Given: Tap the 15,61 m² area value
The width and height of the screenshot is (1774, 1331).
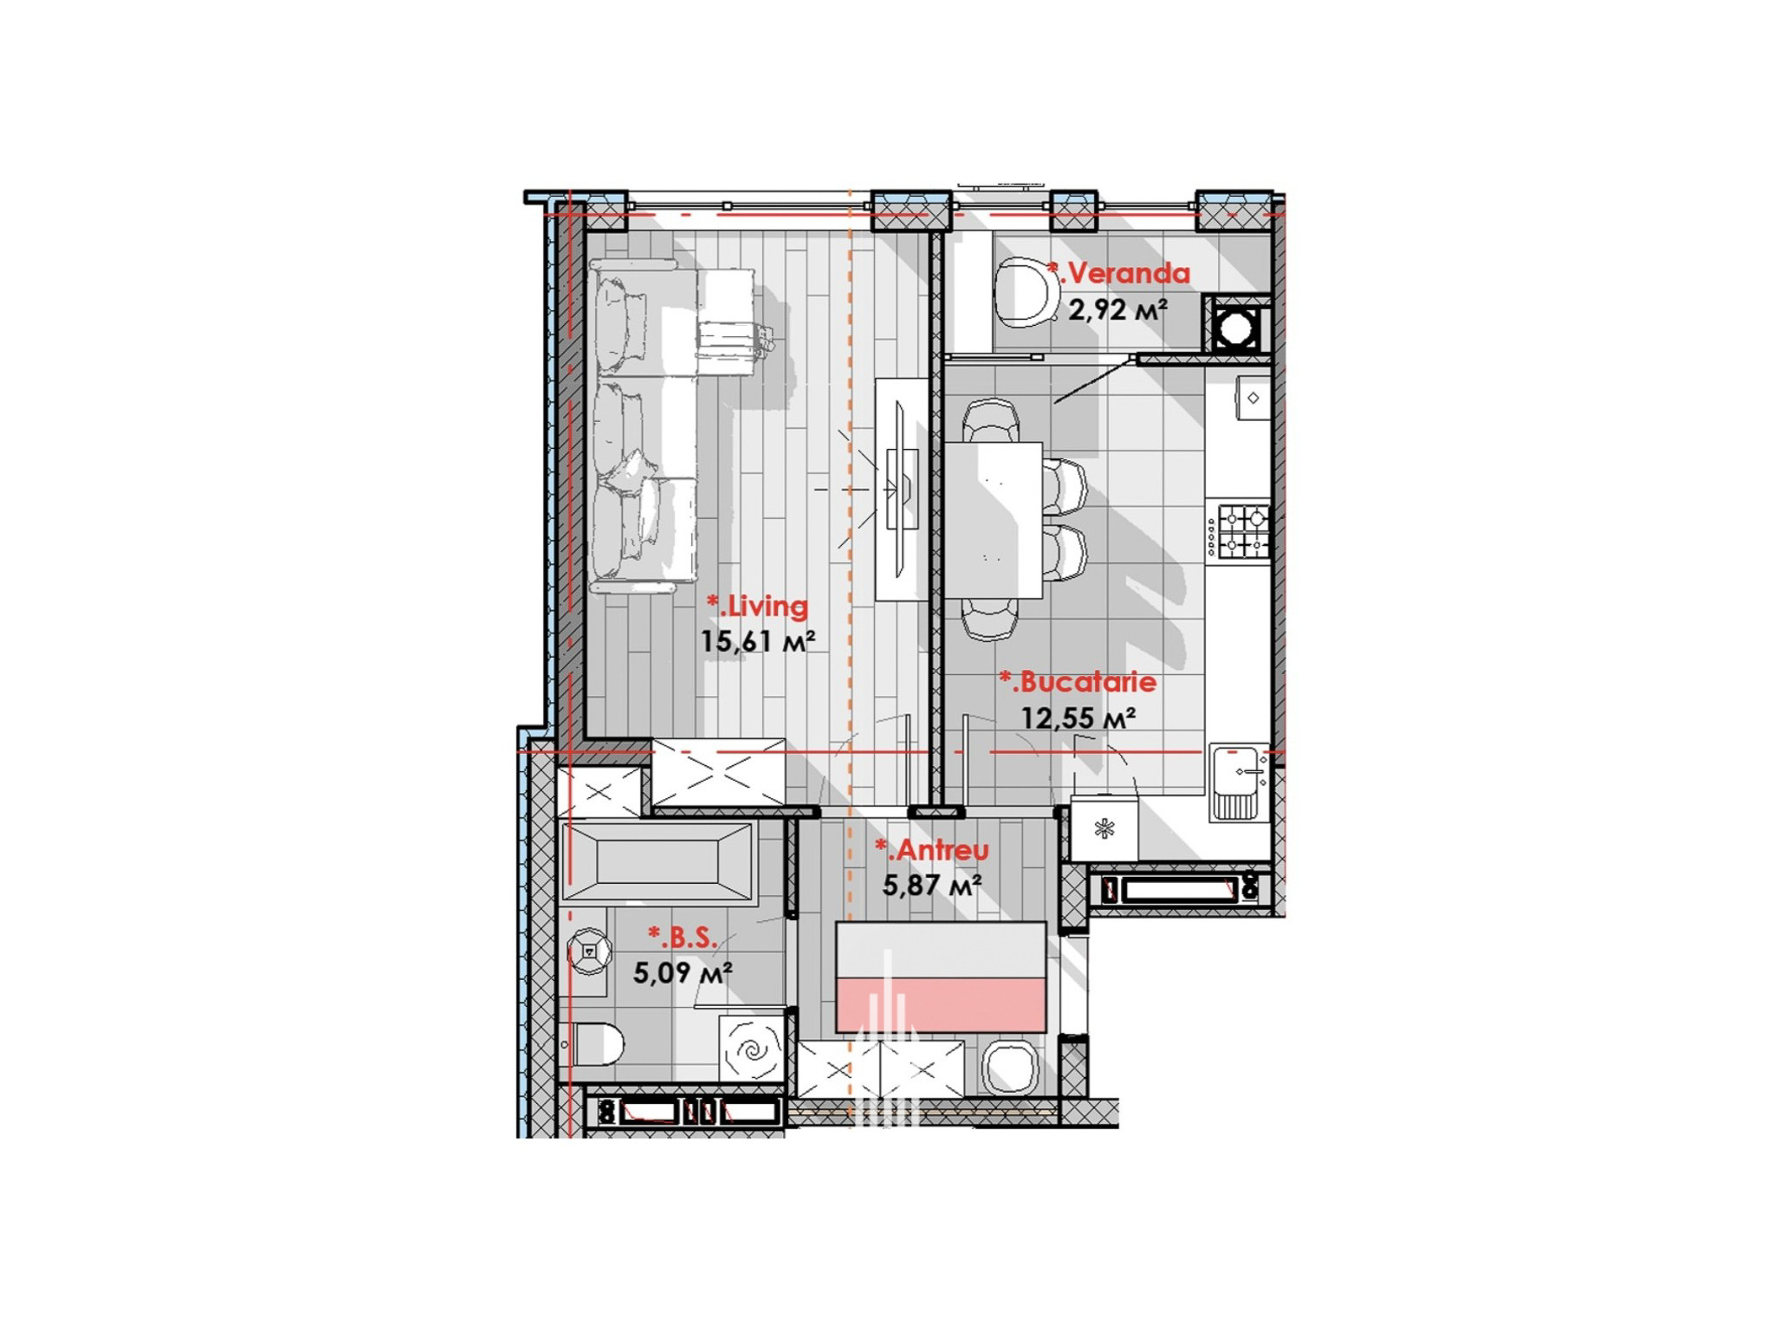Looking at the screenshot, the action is pos(758,641).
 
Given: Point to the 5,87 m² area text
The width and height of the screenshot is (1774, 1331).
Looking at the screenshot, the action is pos(932,886).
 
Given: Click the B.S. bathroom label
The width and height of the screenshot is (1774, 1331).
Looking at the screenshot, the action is pos(683,937).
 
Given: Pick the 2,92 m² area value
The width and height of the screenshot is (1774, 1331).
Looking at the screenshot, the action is pos(1117,309).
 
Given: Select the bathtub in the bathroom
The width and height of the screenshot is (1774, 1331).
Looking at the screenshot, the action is pos(657,862).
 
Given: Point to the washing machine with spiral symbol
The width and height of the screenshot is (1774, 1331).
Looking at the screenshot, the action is pos(750,1049).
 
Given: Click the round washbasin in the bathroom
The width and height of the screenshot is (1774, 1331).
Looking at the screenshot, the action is pos(589,951).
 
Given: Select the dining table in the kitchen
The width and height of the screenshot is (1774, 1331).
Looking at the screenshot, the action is pos(993,520).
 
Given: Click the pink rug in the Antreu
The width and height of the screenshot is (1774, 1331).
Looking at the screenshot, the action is pos(941,1004).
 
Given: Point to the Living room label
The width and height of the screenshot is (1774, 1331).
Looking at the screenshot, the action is pos(758,606).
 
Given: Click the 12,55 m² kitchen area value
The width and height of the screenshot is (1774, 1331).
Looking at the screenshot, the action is pos(1078,718).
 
